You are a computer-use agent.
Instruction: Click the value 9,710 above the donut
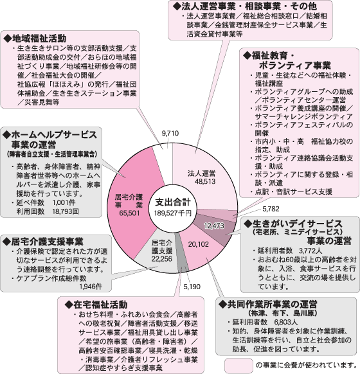(170, 133)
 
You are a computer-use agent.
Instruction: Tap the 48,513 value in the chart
(205, 181)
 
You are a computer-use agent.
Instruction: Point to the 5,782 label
(271, 209)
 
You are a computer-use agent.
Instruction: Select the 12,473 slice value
(214, 226)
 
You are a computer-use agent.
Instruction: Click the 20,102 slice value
(198, 244)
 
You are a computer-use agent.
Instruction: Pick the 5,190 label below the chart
(192, 287)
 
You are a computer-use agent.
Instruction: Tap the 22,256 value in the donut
(162, 259)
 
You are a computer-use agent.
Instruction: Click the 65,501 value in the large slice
(129, 213)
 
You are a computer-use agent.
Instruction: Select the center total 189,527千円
(173, 213)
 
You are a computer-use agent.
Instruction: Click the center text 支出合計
(173, 202)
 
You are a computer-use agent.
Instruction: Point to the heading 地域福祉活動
(35, 39)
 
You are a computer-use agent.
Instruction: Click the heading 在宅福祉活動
(96, 305)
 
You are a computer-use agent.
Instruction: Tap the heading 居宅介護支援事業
(43, 242)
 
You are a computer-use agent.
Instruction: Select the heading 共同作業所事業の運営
(268, 304)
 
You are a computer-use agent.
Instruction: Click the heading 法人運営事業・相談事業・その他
(245, 6)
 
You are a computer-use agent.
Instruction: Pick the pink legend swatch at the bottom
(239, 365)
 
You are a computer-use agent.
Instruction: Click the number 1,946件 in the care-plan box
(91, 287)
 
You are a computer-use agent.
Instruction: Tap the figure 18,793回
(66, 211)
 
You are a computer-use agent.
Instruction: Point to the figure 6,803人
(286, 322)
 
